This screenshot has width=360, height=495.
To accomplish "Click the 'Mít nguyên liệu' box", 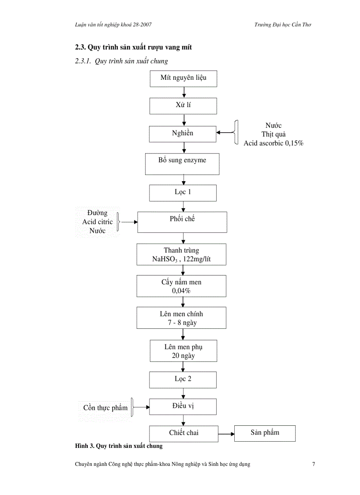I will point(183,78).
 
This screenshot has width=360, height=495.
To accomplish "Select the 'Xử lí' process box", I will point(183,106).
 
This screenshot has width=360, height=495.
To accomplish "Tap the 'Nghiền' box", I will point(183,134).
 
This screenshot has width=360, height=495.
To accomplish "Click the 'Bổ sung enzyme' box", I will point(182,164).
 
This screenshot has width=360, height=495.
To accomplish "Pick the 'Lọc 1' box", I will point(183,193).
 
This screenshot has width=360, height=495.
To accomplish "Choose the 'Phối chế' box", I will point(182,222).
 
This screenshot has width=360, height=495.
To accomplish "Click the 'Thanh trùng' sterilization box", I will point(181,254).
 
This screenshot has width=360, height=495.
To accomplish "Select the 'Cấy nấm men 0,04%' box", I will point(181,286).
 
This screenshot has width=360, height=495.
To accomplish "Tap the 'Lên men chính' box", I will point(181,318).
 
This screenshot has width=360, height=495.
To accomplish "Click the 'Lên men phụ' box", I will point(183,351).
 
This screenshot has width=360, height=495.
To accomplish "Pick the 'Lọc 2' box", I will point(183,379).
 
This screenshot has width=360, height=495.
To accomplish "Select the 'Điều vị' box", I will point(183,406).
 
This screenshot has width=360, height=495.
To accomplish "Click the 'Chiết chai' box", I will point(184,433).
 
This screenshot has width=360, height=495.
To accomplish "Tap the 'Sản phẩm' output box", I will point(265,433).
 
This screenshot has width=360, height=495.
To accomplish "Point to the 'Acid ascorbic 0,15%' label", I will point(274,143).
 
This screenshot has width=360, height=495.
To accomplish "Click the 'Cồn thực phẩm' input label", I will point(105,408).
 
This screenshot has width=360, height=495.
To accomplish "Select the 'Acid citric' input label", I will point(97,222).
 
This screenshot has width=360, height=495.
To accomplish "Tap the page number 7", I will point(313,464).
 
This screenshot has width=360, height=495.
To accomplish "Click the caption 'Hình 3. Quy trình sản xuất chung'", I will point(119,446).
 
